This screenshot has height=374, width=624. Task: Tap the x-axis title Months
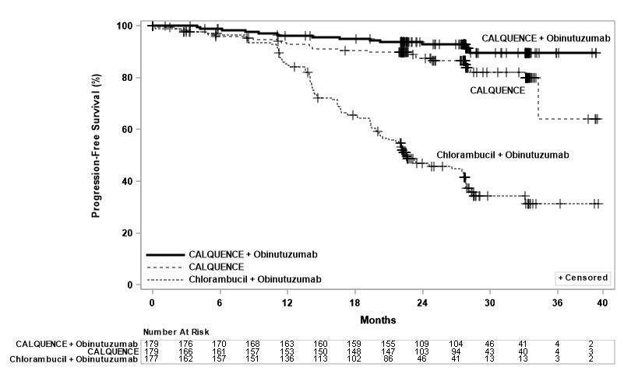[378, 320]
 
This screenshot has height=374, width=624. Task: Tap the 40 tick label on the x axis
[602, 302]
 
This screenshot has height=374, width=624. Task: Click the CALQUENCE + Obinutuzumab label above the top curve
[545, 37]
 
